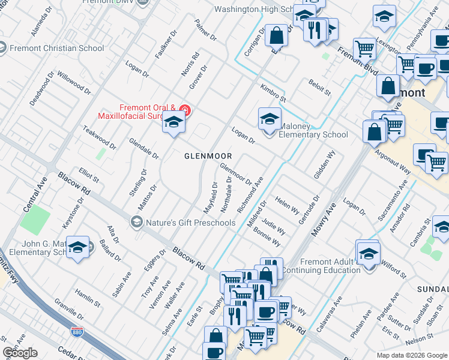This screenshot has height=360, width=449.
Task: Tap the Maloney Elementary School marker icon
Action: point(270,118)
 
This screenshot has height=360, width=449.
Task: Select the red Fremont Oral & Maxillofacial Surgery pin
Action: point(185,111)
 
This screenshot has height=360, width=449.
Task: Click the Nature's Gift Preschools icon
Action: point(136,223)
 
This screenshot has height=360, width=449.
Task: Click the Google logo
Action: point(20,353)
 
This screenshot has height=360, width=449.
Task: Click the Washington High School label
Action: point(253,9)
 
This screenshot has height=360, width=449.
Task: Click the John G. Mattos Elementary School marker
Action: point(78,248)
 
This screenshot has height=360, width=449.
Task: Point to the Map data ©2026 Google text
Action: point(412,355)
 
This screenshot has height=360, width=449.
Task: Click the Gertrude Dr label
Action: point(309,207)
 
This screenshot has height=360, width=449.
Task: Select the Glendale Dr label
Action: point(144,148)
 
